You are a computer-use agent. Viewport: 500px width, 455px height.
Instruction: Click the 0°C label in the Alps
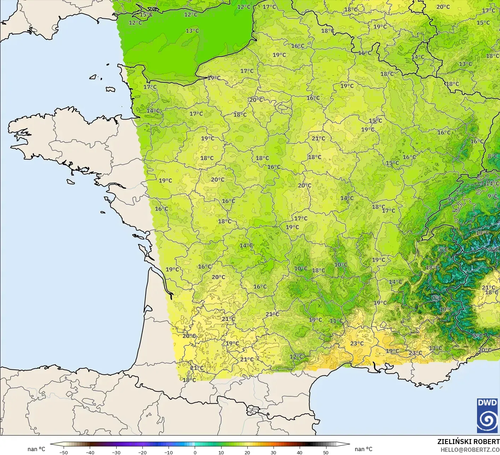437,298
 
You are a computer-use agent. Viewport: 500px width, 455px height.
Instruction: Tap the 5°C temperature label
443,249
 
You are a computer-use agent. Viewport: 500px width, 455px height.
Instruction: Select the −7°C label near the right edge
493,249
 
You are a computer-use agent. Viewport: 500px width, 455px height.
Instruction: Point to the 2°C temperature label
478,336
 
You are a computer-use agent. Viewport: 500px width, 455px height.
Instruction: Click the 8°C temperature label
493,156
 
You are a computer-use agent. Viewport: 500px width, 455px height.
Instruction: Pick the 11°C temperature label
336,321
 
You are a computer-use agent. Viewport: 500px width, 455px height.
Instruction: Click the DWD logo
487,415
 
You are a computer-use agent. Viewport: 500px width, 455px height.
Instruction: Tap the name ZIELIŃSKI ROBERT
468,442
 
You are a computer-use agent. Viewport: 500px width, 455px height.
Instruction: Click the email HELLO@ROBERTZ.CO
470,450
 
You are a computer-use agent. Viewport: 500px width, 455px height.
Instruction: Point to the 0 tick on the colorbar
195,452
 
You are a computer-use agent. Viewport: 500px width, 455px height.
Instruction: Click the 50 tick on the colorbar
325,452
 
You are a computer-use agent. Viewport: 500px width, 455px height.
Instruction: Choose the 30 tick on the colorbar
273,452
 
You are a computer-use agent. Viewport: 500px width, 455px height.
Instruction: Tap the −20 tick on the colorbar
142,452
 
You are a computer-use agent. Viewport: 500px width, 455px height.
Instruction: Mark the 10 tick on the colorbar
221,452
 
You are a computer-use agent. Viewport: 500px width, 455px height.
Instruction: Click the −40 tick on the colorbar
90,452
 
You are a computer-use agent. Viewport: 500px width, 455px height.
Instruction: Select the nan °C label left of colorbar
36,449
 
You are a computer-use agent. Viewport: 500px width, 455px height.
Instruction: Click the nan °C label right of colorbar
364,449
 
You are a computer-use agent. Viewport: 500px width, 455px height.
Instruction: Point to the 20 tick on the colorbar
247,452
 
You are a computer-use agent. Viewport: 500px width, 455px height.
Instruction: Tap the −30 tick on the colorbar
116,452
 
